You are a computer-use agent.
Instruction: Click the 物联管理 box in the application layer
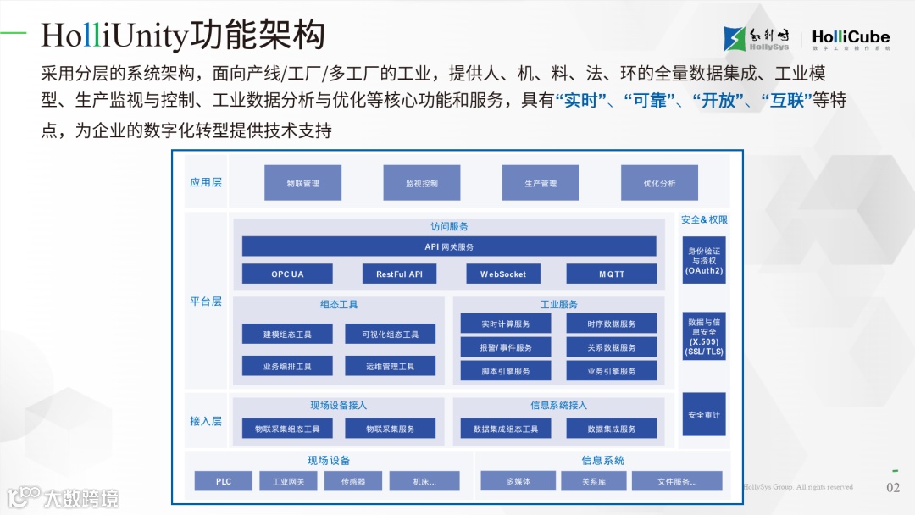(x=302, y=183)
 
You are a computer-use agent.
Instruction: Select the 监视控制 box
(x=421, y=183)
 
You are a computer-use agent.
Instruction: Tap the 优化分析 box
(x=659, y=183)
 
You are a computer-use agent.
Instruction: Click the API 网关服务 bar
(x=449, y=246)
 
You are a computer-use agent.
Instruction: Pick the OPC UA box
(x=287, y=274)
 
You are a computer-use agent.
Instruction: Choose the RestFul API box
(x=399, y=274)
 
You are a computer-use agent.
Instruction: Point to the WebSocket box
(x=503, y=274)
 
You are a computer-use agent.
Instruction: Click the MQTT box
(x=611, y=274)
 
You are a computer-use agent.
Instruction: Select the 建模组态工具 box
(x=287, y=335)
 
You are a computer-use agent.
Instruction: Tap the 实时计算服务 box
(x=506, y=324)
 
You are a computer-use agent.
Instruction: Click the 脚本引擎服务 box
(x=506, y=371)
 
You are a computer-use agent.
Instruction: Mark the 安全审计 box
(x=704, y=414)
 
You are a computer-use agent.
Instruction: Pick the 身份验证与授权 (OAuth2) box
(x=704, y=260)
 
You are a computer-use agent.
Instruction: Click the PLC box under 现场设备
(x=224, y=481)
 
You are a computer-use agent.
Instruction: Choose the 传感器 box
(x=353, y=481)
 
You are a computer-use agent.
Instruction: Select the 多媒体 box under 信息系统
(x=518, y=481)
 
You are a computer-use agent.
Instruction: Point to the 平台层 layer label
(x=206, y=302)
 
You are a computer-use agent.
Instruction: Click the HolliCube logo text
(x=851, y=36)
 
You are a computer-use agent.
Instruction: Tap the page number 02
(x=893, y=487)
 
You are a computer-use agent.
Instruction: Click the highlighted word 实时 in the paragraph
(x=582, y=101)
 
